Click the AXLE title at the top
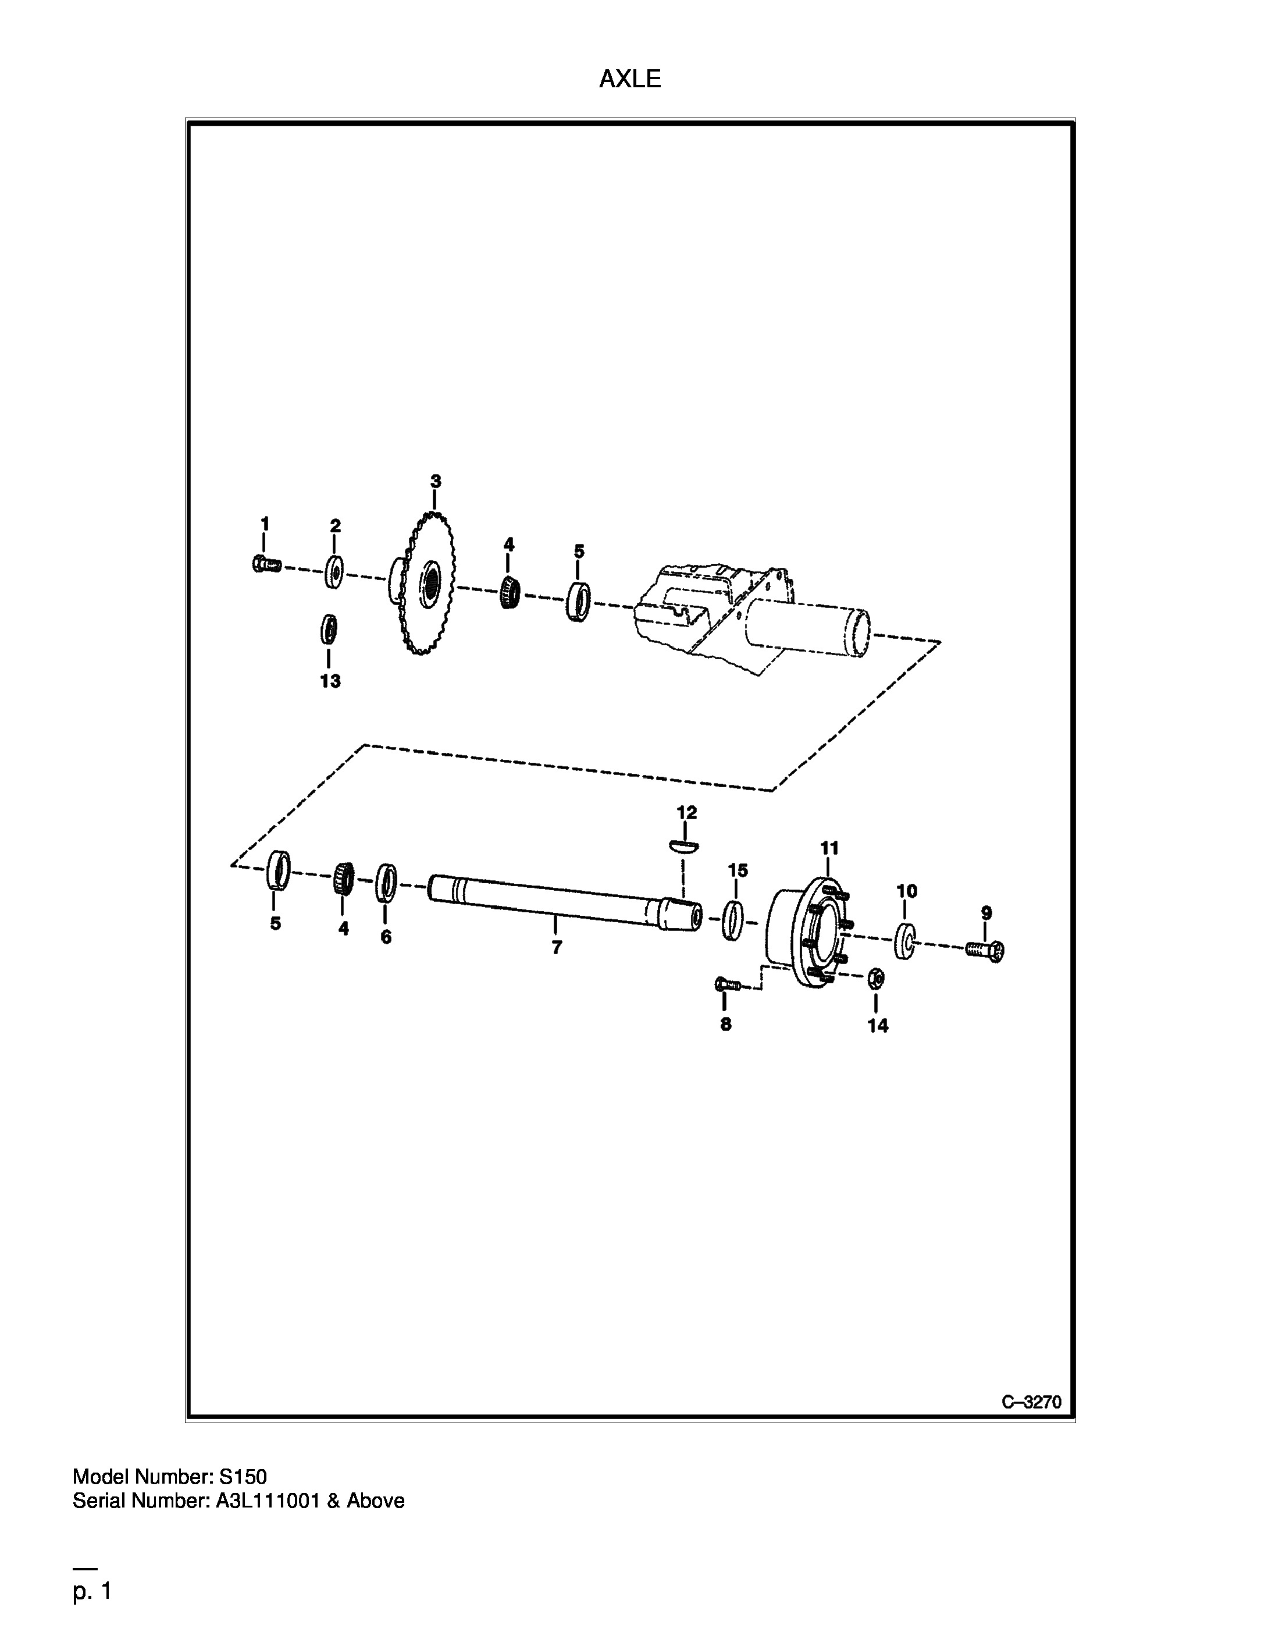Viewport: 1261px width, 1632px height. tap(630, 79)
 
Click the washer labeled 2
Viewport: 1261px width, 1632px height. tap(334, 573)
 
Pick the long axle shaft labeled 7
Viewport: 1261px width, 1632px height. tap(565, 902)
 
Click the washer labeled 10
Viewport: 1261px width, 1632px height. tap(906, 941)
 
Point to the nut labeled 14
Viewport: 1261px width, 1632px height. tap(877, 978)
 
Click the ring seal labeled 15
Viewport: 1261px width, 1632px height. tap(735, 920)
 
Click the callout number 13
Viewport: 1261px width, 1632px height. tap(330, 681)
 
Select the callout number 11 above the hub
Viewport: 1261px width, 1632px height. tap(829, 848)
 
